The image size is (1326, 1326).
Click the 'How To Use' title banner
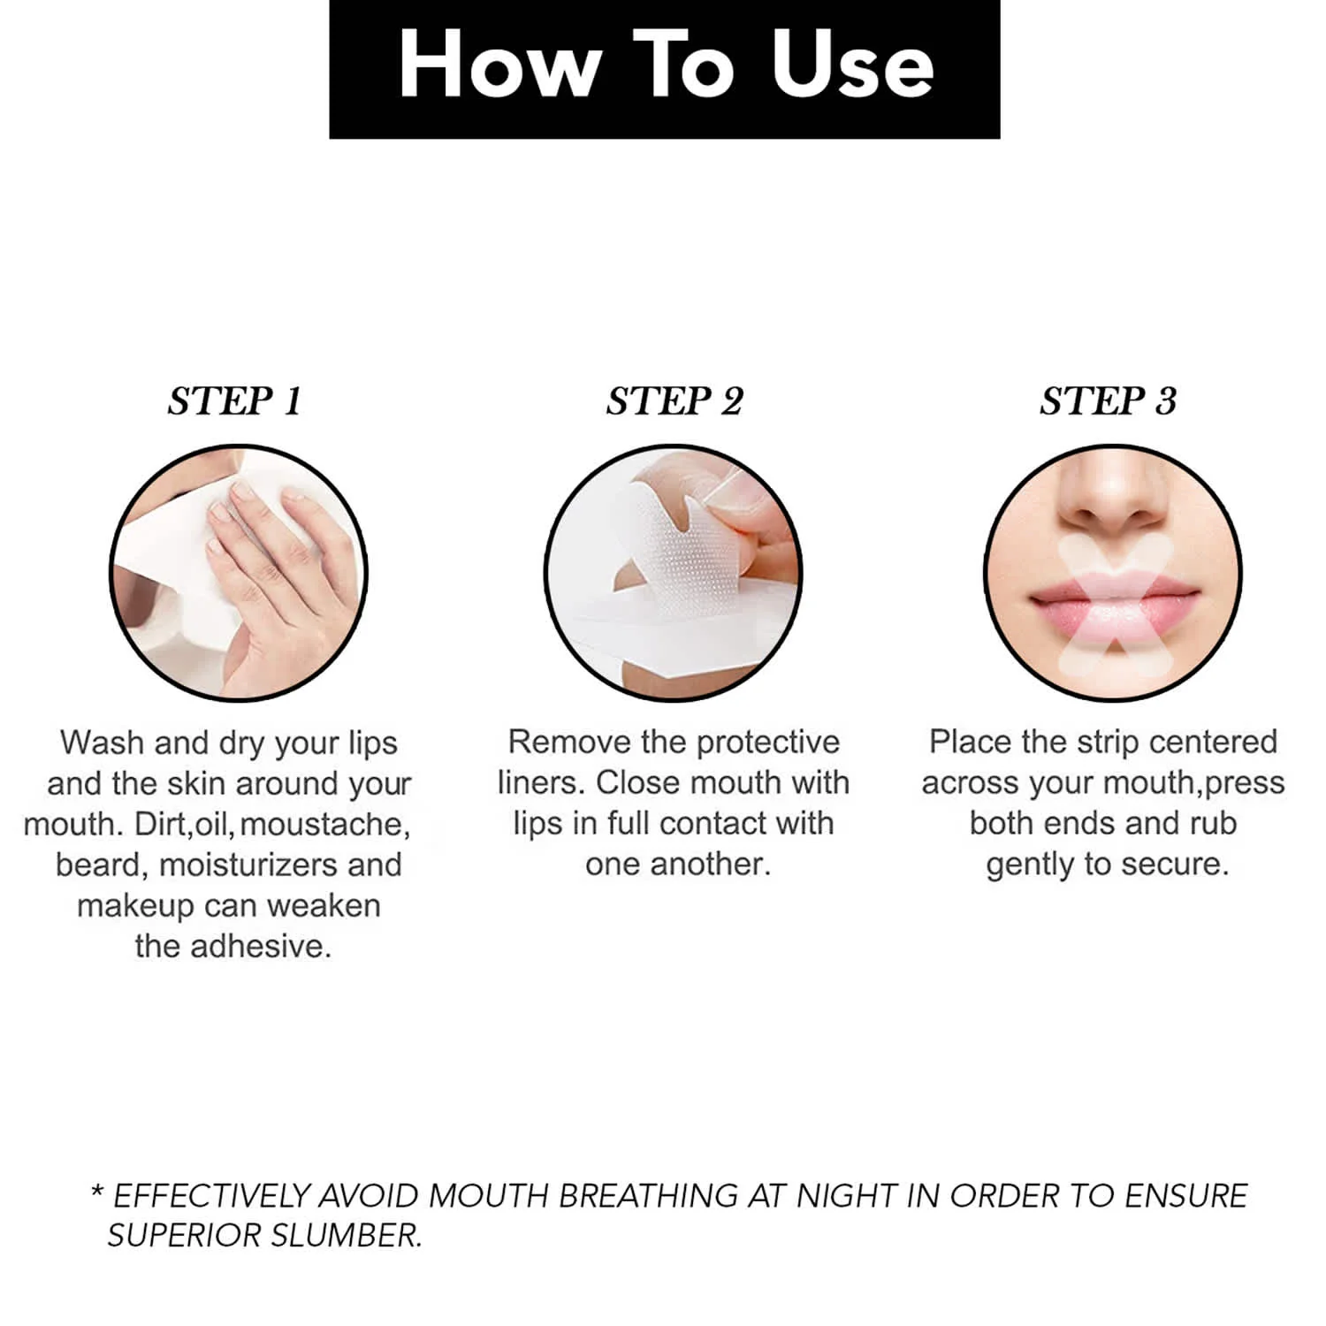coord(664,69)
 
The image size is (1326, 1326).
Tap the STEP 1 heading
coord(235,401)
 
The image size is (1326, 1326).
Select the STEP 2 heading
coord(674,401)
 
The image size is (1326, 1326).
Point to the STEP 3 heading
coord(1108,401)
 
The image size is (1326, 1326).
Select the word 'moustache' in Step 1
coord(324,825)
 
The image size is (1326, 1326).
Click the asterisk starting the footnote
coord(97,1189)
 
